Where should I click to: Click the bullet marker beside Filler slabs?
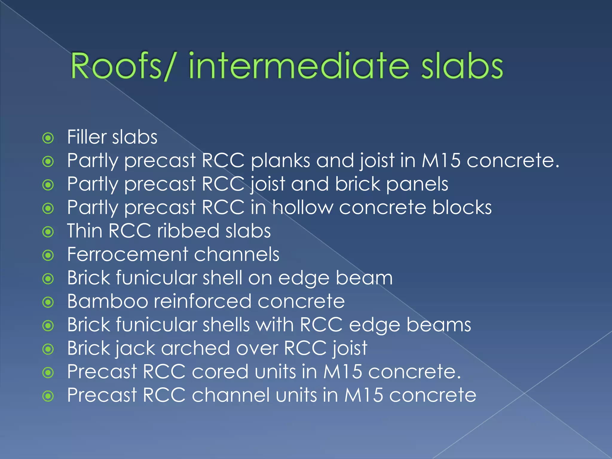coord(48,138)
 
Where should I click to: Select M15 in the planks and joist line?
coord(441,160)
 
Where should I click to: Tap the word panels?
coord(417,184)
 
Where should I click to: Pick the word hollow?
coord(302,207)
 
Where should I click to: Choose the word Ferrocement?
coord(128,254)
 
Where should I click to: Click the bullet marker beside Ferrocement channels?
coord(48,255)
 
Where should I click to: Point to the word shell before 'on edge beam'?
coord(222,278)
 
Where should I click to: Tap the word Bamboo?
coord(108,301)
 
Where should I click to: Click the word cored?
coord(220,371)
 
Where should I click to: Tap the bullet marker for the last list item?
coord(48,396)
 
